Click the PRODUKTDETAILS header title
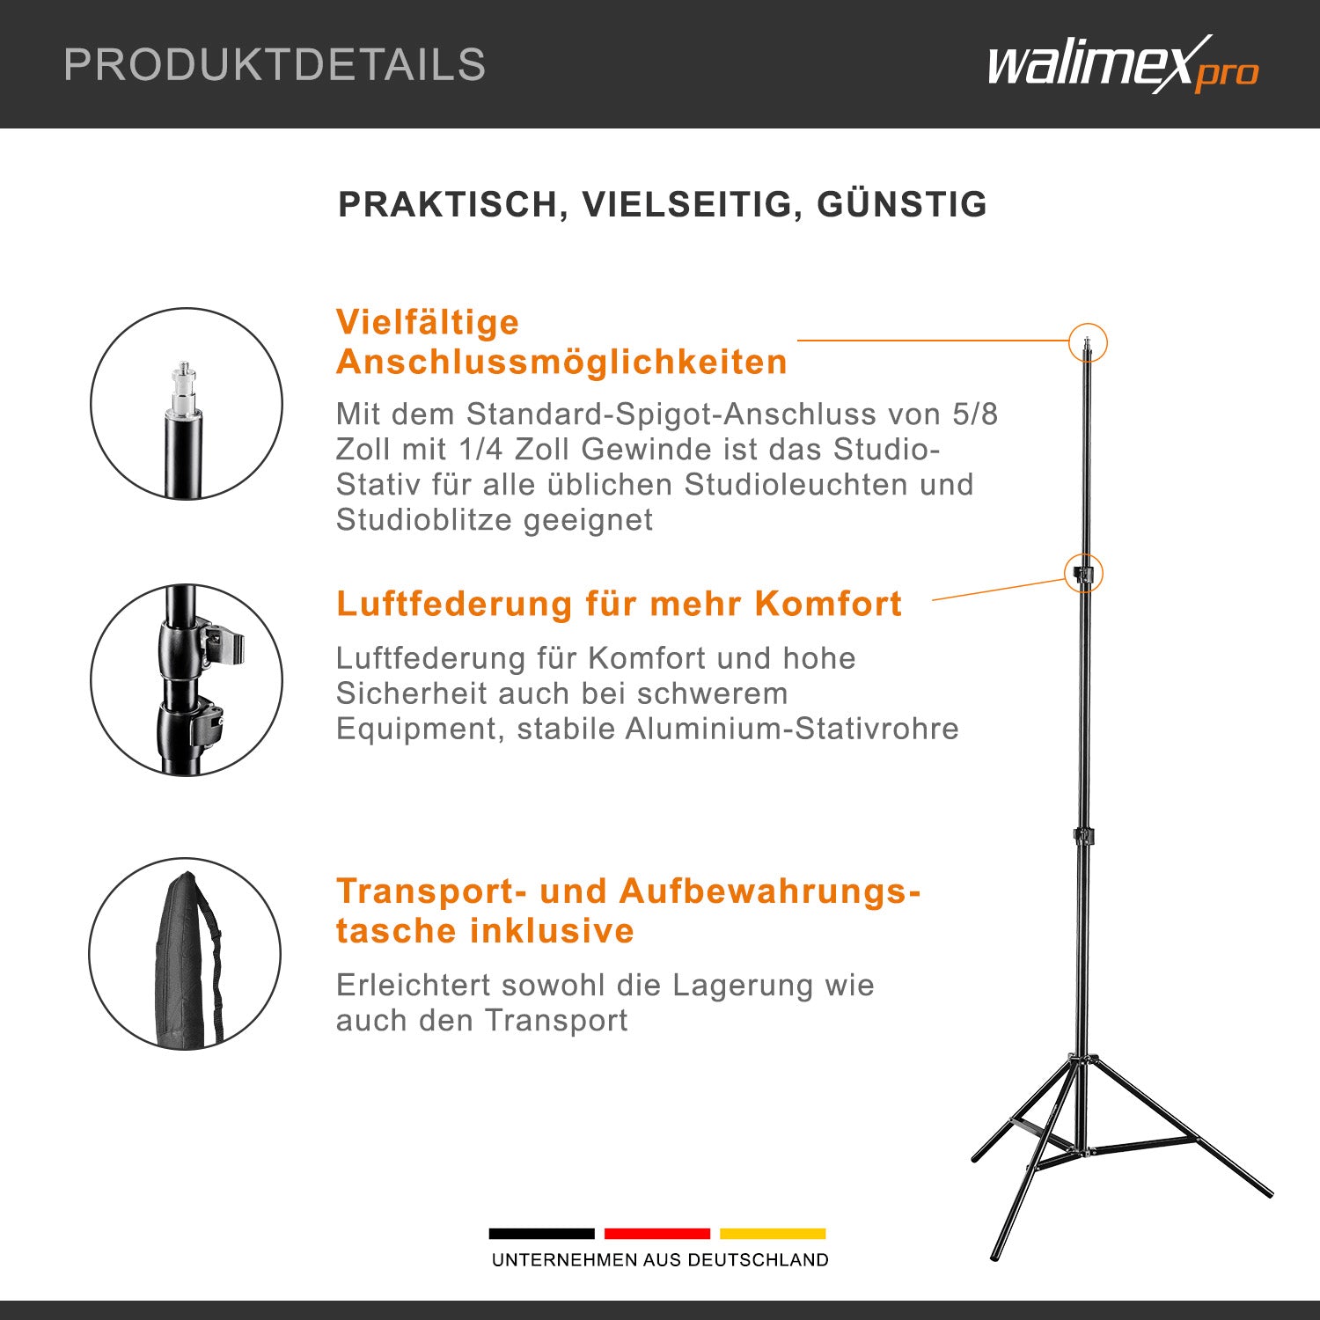tap(275, 65)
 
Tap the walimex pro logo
tap(1122, 65)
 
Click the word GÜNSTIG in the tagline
tap(902, 204)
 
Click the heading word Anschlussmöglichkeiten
tap(561, 363)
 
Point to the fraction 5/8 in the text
tap(975, 414)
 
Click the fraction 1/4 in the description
tap(482, 450)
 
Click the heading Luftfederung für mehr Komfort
tap(619, 605)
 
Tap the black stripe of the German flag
tap(541, 1234)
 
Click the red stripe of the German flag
tap(656, 1234)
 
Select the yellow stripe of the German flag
tap(773, 1234)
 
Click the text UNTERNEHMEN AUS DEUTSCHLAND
tap(660, 1260)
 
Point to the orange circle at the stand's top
tap(1088, 342)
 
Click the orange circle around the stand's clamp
tap(1083, 574)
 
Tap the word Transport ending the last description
tap(556, 1021)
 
